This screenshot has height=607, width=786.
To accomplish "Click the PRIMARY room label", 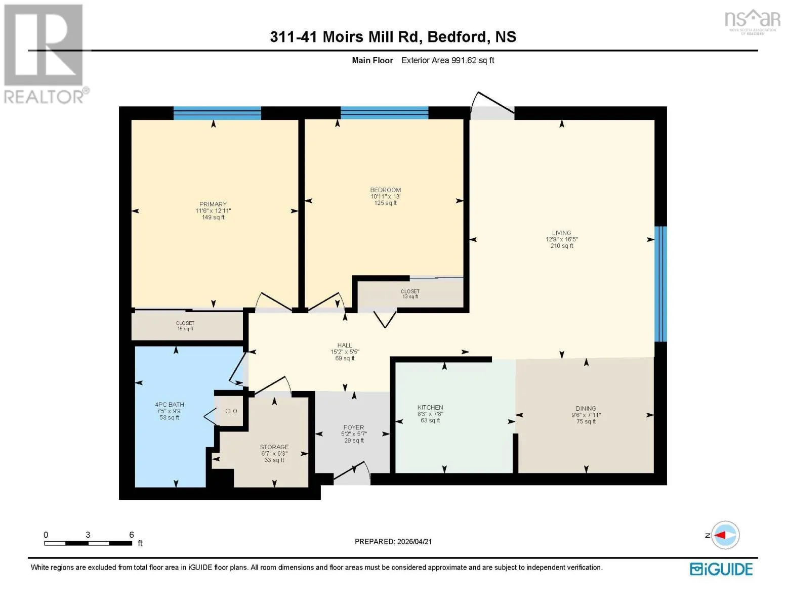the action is pos(213,204).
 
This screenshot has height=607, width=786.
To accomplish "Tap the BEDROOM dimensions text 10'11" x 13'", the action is pos(385,196).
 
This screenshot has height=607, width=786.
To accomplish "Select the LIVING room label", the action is pos(561,233).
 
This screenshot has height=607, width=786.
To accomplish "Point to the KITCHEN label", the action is pos(430,407).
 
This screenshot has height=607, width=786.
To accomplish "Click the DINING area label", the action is pos(586,409).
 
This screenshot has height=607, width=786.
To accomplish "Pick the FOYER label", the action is pos(354,427).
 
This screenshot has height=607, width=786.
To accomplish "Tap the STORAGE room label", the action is pos(274,447).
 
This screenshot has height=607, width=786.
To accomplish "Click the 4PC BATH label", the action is pos(169,405).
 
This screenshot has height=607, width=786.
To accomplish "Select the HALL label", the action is pos(344,345).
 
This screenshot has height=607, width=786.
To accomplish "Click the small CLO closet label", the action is pos(231,411).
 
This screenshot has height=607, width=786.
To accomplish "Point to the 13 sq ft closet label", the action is pos(410,296).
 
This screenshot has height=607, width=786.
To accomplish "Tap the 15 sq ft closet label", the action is pos(185,329).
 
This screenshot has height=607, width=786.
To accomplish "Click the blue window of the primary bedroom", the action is pos(217,113).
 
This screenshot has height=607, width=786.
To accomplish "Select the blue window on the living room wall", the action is pos(660,284).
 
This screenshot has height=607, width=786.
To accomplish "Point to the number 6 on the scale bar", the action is pos(131,534).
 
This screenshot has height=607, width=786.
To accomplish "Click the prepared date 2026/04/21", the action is pos(414,542).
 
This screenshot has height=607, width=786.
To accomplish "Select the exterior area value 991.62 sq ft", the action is pos(472,60).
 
